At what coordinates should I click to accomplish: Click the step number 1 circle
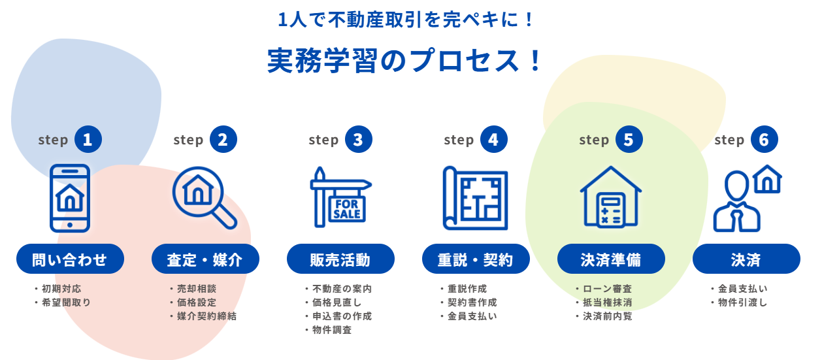pos(88,140)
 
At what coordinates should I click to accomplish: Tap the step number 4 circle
pos(493,140)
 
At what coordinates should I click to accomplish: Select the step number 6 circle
pos(764,140)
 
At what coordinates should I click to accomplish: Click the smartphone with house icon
pos(70,198)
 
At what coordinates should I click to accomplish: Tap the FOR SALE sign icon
pos(340,197)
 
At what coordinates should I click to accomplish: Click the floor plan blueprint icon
pos(475,198)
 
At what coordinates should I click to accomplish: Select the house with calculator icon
pos(611,198)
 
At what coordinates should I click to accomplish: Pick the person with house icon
pos(747,197)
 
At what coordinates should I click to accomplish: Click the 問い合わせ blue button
pos(70,259)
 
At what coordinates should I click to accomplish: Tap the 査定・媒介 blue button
pos(205,259)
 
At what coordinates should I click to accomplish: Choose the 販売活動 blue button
pos(340,259)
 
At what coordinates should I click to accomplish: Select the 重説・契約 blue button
pos(476,259)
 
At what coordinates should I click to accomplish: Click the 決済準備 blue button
pos(611,259)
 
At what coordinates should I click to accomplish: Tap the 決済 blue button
pos(746,259)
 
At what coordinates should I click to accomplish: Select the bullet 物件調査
pos(332,330)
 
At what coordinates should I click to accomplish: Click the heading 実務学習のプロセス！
pos(405,61)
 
